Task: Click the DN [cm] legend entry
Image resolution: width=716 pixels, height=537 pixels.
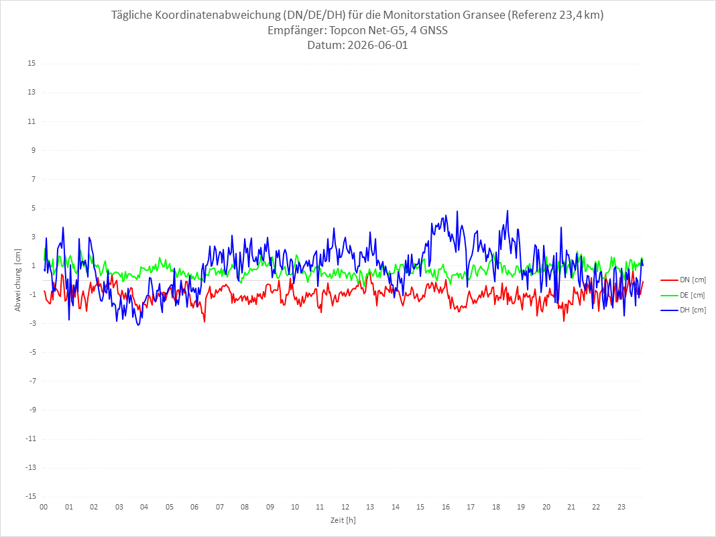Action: tap(683, 280)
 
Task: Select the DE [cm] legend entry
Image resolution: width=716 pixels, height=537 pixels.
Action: tap(683, 295)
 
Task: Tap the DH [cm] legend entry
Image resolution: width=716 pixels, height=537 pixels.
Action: tap(683, 310)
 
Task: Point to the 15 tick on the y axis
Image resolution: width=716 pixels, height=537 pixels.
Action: tap(32, 64)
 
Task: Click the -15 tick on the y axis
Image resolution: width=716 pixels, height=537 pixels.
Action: tap(31, 496)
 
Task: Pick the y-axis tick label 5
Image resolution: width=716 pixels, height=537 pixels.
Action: tap(34, 208)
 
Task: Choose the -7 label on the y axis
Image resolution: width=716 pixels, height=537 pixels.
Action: tap(32, 381)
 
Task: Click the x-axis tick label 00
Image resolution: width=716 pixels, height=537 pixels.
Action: tap(44, 507)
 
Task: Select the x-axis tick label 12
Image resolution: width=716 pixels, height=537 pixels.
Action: tap(345, 507)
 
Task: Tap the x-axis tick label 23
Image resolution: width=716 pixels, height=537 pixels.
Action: tap(621, 507)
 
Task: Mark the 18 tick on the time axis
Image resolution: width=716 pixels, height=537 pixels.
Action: tap(496, 507)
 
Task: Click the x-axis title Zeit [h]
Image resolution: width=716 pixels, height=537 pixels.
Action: tap(343, 520)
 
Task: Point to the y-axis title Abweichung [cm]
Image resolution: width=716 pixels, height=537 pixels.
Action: tap(18, 280)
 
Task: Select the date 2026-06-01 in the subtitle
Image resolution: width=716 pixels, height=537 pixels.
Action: tap(377, 45)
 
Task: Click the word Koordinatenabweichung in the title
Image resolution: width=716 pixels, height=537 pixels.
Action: tap(217, 15)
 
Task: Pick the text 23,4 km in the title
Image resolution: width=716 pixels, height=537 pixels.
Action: tap(579, 15)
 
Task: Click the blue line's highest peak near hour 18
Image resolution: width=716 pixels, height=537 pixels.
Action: tap(508, 211)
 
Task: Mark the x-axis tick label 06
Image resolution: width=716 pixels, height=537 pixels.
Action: tap(194, 507)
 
